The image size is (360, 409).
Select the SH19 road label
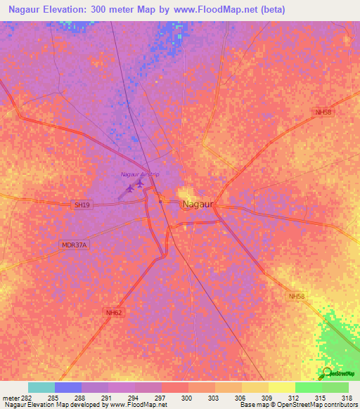pyautogui.click(x=82, y=204)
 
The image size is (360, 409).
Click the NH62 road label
pyautogui.click(x=115, y=313)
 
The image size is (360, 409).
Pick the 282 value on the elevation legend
pyautogui.click(x=25, y=398)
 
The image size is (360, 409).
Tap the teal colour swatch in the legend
pyautogui.click(x=41, y=387)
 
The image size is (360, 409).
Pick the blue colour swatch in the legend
pyautogui.click(x=68, y=387)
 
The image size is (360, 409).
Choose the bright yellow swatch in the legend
pyautogui.click(x=282, y=387)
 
